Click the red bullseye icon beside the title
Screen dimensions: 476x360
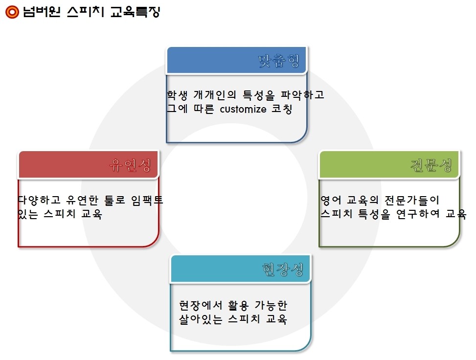[12, 12]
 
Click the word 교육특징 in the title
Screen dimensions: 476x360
[135, 12]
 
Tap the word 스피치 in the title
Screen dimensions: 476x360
[86, 12]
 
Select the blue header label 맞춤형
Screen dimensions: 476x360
[279, 61]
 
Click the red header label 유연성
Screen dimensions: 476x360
[130, 165]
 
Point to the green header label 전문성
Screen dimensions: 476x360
[431, 165]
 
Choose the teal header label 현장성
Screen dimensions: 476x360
[283, 269]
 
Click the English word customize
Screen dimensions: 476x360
[243, 109]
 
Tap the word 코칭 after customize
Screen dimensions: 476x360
[282, 109]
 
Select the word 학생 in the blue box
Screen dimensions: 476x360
[177, 95]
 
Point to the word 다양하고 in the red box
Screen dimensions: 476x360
[39, 200]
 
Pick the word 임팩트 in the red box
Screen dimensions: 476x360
[147, 200]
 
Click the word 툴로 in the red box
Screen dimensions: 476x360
[114, 200]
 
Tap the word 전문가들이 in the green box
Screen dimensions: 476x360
[412, 200]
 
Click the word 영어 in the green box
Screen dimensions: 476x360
[331, 200]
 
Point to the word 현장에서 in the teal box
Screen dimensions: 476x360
[201, 305]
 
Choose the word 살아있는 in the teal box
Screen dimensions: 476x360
[201, 319]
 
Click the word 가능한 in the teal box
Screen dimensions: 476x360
[271, 305]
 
